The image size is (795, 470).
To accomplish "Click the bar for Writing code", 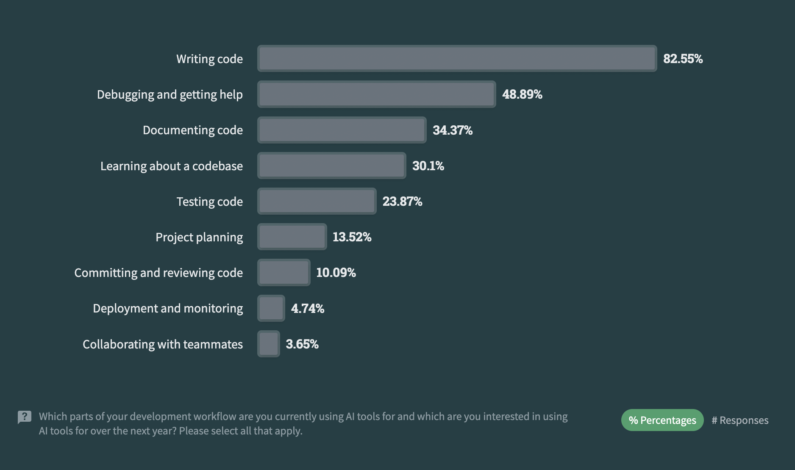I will pyautogui.click(x=457, y=58).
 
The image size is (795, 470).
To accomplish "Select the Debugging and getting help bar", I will pyautogui.click(x=376, y=94).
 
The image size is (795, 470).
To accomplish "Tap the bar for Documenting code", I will pyautogui.click(x=342, y=130).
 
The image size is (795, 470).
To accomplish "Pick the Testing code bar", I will pyautogui.click(x=317, y=201).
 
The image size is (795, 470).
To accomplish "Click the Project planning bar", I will pyautogui.click(x=292, y=237).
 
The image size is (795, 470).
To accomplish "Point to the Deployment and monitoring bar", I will pyautogui.click(x=271, y=308).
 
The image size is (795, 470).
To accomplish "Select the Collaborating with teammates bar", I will pyautogui.click(x=269, y=344).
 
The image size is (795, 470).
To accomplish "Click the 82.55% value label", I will pyautogui.click(x=683, y=58).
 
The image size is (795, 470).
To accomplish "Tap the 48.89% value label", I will pyautogui.click(x=522, y=94).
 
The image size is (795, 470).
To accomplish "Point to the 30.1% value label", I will pyautogui.click(x=428, y=166).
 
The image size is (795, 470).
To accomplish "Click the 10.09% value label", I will pyautogui.click(x=336, y=272).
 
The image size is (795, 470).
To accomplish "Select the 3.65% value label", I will pyautogui.click(x=302, y=344).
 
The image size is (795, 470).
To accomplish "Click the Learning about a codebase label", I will pyautogui.click(x=172, y=166).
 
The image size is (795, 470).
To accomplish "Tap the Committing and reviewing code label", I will pyautogui.click(x=158, y=273).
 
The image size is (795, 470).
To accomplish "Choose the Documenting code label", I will pyautogui.click(x=193, y=130).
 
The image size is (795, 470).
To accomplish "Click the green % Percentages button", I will pyautogui.click(x=662, y=420).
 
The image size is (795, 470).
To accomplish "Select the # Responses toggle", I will pyautogui.click(x=740, y=420).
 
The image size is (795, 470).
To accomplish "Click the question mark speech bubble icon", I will pyautogui.click(x=25, y=417).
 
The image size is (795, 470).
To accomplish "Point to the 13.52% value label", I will pyautogui.click(x=352, y=237).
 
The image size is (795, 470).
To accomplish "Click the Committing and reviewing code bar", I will pyautogui.click(x=284, y=272).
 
